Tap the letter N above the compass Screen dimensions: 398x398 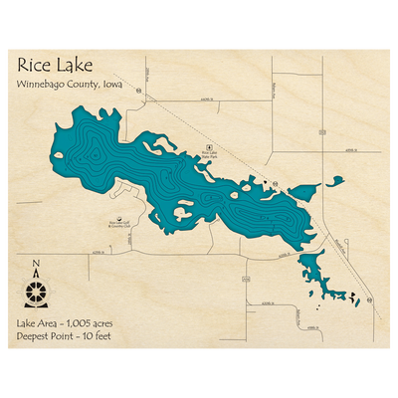36,264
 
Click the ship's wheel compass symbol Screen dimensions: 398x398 37,293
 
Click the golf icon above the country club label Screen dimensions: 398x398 120,217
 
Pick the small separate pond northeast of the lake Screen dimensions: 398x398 334,182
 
